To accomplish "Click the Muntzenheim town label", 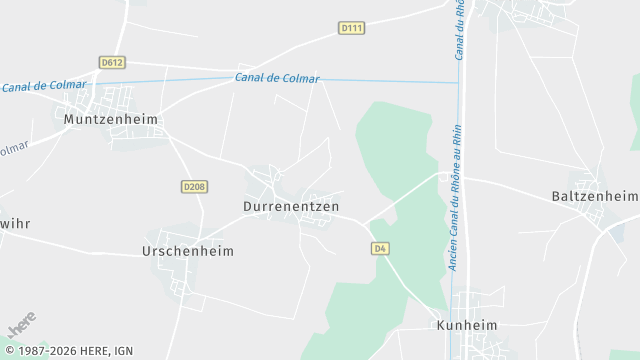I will click(x=110, y=119).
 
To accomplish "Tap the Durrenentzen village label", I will click(x=291, y=206).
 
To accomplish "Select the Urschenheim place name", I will click(x=188, y=251).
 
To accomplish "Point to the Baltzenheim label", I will click(x=594, y=196).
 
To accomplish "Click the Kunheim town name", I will click(x=467, y=326).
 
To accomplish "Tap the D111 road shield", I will click(x=351, y=29).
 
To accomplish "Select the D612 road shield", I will click(x=112, y=62).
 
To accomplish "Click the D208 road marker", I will click(x=194, y=186).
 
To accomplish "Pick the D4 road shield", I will click(x=379, y=248).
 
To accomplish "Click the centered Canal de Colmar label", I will click(x=277, y=78).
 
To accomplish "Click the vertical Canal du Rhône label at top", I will click(x=461, y=30).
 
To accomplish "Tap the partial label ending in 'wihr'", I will click(x=14, y=223).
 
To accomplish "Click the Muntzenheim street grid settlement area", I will click(x=112, y=99).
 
